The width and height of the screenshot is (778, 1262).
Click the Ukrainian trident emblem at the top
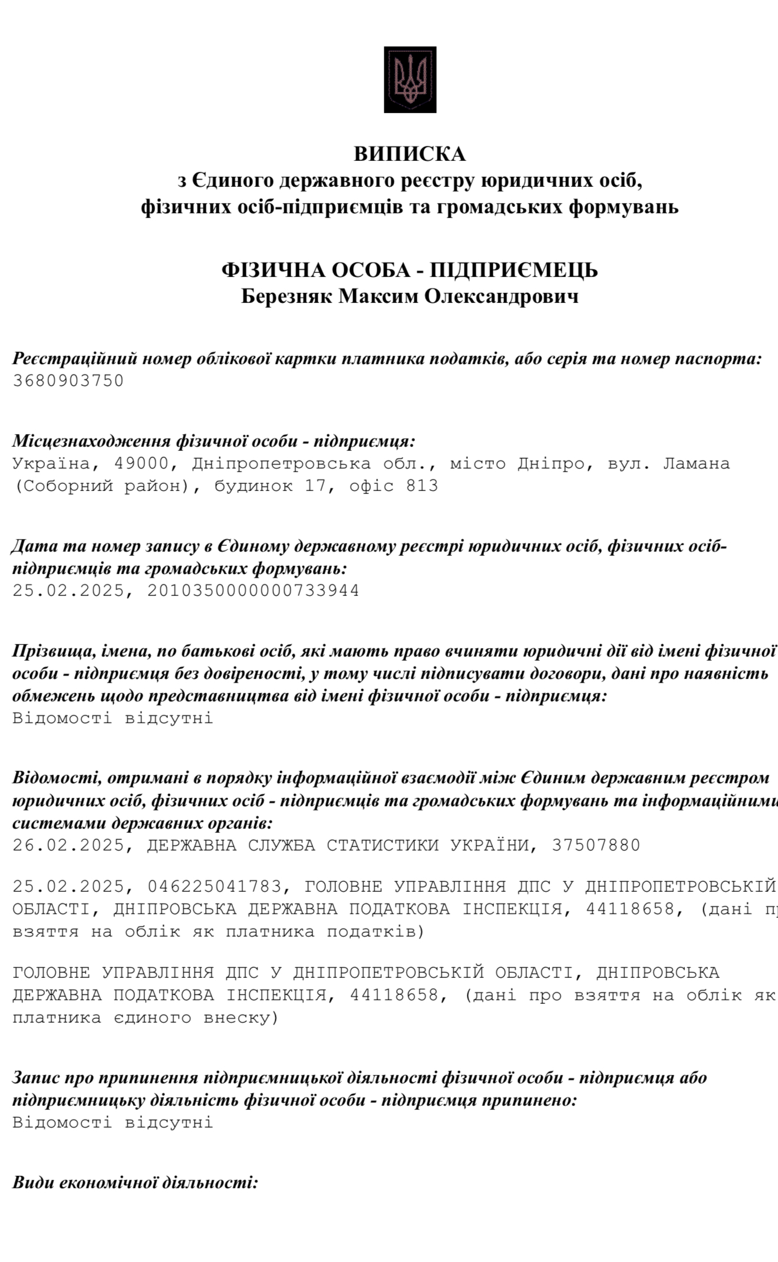pyautogui.click(x=410, y=80)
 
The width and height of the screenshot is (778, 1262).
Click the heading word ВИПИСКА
pyautogui.click(x=410, y=154)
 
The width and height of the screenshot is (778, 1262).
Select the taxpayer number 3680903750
pyautogui.click(x=68, y=381)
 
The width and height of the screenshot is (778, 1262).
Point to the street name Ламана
pyautogui.click(x=697, y=464)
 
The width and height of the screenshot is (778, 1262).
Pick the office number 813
pyautogui.click(x=422, y=486)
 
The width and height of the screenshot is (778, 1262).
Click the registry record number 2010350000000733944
pyautogui.click(x=253, y=591)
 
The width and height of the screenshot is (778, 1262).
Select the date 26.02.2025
pyautogui.click(x=68, y=845)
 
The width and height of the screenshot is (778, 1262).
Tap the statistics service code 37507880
pyautogui.click(x=596, y=845)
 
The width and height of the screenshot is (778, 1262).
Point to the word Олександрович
pyautogui.click(x=502, y=296)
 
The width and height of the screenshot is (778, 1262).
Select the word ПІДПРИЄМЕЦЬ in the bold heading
pyautogui.click(x=514, y=270)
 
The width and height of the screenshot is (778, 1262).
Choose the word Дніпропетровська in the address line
pyautogui.click(x=282, y=464)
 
